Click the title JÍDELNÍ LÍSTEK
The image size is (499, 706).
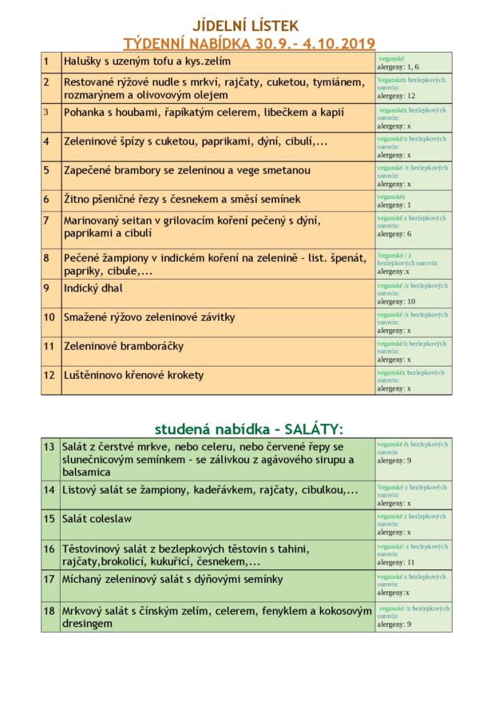[249, 27]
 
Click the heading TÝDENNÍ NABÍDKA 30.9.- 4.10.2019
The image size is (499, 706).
[249, 43]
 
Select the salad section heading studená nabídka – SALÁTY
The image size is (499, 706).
[248, 428]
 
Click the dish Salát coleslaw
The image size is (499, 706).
[97, 518]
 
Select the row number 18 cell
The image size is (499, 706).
[51, 617]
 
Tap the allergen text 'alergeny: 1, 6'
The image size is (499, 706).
[398, 67]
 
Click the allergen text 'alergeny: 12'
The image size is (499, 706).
[396, 96]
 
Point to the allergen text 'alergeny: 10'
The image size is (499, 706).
[396, 301]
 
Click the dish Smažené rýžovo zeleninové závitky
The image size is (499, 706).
[149, 317]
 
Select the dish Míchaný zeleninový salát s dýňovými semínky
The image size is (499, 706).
[173, 577]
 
